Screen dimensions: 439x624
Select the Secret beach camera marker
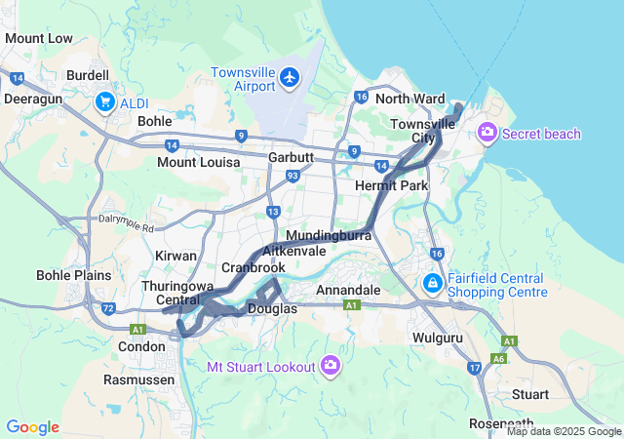point(487,134)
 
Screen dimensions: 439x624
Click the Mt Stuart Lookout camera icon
point(331,366)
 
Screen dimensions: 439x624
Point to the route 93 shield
point(292,176)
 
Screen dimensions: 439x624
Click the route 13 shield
point(274,212)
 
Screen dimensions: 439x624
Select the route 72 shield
point(109,308)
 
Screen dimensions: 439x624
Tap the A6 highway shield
point(498,358)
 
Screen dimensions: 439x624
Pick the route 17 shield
point(474,368)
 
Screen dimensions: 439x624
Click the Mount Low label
point(39,39)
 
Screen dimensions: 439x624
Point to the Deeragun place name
point(33,99)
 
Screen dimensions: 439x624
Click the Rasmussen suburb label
point(139,379)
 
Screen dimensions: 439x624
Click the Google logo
point(32,427)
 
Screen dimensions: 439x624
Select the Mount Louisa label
point(198,162)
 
